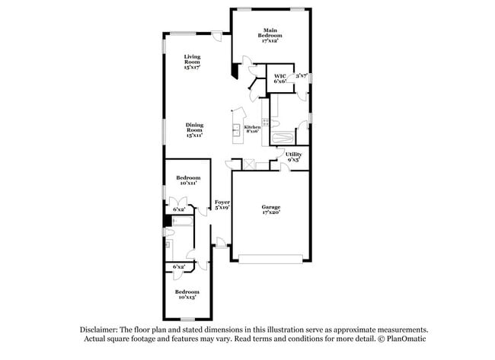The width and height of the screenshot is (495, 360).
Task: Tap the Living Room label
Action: pos(191,62)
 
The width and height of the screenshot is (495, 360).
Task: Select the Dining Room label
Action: pos(195,130)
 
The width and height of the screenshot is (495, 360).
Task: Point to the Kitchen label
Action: pos(252,129)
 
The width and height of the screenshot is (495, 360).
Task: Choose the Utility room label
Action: pos(293,158)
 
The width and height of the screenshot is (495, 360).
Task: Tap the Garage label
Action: pos(271,209)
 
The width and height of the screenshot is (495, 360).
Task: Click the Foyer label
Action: pos(222,204)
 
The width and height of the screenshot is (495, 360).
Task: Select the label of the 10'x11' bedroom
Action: pos(188,180)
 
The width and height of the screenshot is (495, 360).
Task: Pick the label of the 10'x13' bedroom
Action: pos(187,294)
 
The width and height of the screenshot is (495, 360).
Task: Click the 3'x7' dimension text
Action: pos(301,76)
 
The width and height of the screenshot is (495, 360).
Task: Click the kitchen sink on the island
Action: pos(236,129)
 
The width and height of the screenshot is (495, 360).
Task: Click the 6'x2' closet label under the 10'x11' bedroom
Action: pos(179,209)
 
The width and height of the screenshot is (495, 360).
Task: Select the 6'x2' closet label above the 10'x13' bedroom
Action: pos(180,267)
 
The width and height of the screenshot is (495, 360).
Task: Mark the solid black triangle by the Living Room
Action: pos(235,71)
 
